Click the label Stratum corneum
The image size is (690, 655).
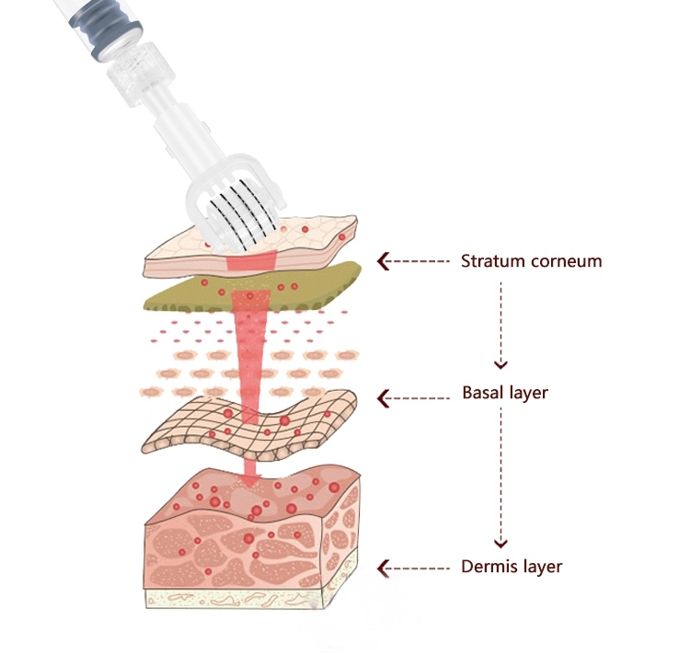[531, 261]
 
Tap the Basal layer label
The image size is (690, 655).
[504, 394]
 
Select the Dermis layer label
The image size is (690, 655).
[511, 567]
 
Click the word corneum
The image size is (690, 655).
[567, 261]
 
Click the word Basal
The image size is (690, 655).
[481, 394]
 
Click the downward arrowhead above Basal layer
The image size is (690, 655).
[501, 364]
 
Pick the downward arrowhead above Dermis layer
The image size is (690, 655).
[501, 541]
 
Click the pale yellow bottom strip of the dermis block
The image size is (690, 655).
[248, 597]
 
